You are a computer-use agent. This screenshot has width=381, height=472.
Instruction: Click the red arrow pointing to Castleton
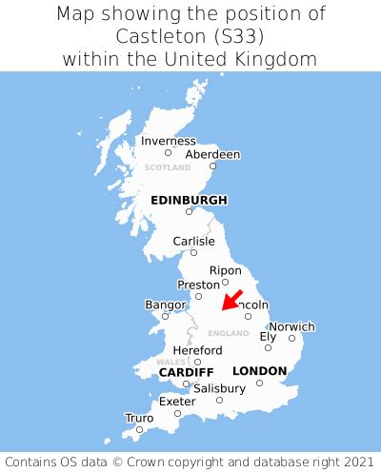coord(231,300)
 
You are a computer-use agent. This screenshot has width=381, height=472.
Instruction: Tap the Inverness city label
coord(168,141)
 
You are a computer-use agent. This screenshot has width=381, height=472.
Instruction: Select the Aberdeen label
coord(212,154)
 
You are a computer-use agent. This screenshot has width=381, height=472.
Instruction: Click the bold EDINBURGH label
coord(189,200)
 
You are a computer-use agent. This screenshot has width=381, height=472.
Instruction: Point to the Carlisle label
coord(193,242)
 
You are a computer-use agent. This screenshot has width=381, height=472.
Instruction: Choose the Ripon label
coord(226,270)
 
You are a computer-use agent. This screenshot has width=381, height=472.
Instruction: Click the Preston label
coord(198,285)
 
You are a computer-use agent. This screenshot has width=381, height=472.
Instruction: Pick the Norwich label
coord(291,327)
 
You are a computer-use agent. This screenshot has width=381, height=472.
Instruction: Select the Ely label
coord(268,336)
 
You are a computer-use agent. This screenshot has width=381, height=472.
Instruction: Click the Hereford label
coord(198,350)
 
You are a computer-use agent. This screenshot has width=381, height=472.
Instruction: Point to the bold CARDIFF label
coord(186,371)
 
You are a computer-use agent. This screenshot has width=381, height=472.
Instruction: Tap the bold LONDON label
coord(259,370)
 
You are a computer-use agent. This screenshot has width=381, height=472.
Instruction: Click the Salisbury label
coord(219,389)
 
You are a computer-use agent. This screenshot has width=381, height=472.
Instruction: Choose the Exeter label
coord(177,402)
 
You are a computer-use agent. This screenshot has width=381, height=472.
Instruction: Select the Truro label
coord(139,418)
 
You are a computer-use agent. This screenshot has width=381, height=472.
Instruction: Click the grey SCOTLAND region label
coord(168,167)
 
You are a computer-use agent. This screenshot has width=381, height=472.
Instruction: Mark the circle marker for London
coord(259,383)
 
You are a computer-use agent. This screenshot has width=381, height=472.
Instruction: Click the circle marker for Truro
coord(139,429)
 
